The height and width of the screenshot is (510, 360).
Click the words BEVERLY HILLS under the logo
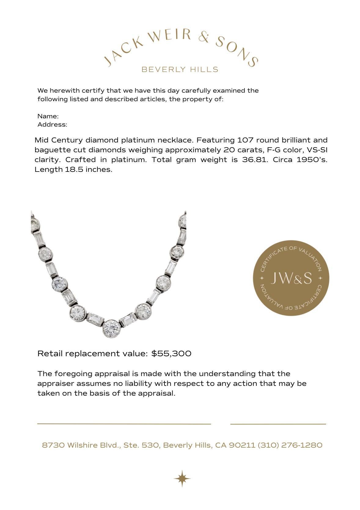180,69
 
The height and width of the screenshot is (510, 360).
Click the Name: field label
48,116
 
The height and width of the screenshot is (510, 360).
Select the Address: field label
52,124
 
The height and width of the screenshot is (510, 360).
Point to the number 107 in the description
245,140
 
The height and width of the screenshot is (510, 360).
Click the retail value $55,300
171,353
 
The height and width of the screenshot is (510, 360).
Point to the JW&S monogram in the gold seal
291,278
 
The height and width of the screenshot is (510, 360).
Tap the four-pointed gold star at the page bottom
182,478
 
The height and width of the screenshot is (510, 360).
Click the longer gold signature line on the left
124,424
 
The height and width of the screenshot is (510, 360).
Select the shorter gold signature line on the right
278,424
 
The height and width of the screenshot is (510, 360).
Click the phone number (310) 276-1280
290,445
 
